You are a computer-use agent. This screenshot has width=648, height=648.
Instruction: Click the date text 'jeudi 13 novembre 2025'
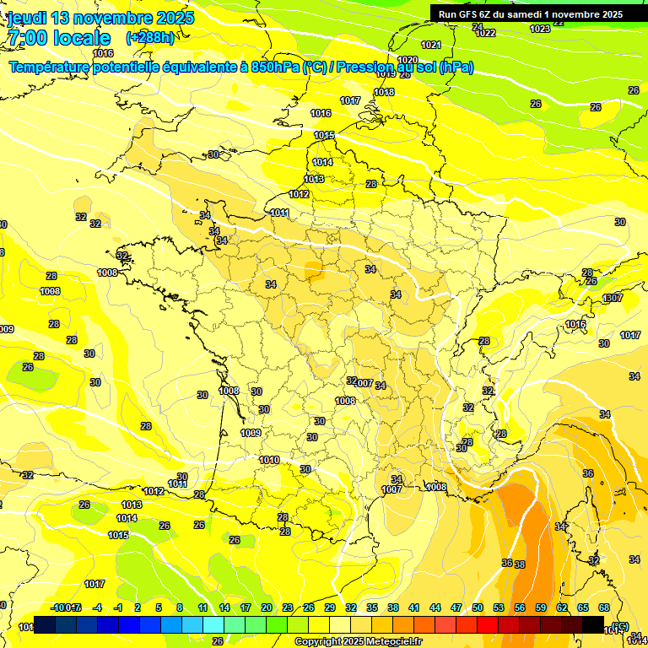click(100, 18)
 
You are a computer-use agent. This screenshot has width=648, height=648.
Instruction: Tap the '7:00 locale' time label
click(58, 38)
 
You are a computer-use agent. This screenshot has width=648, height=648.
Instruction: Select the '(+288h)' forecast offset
click(149, 38)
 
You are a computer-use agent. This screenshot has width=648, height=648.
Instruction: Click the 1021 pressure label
click(430, 45)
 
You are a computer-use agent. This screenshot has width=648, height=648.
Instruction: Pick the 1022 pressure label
click(485, 33)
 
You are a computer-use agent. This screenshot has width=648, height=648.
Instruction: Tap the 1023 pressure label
click(540, 29)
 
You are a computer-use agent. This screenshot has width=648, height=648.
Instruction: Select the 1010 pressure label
click(269, 460)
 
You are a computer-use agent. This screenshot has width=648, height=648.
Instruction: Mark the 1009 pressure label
click(251, 433)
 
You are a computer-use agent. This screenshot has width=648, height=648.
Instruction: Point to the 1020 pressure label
click(407, 61)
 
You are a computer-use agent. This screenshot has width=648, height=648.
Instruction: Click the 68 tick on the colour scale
click(604, 607)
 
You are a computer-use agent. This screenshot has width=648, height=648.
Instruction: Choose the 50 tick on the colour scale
click(478, 607)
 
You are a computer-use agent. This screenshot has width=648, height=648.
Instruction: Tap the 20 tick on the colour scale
click(267, 607)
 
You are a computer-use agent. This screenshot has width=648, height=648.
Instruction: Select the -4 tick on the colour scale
click(97, 607)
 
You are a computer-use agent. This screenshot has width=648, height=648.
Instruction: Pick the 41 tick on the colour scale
click(414, 607)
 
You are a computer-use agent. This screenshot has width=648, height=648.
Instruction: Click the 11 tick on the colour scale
click(202, 607)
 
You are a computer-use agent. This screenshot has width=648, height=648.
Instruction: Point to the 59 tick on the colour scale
click(541, 607)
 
